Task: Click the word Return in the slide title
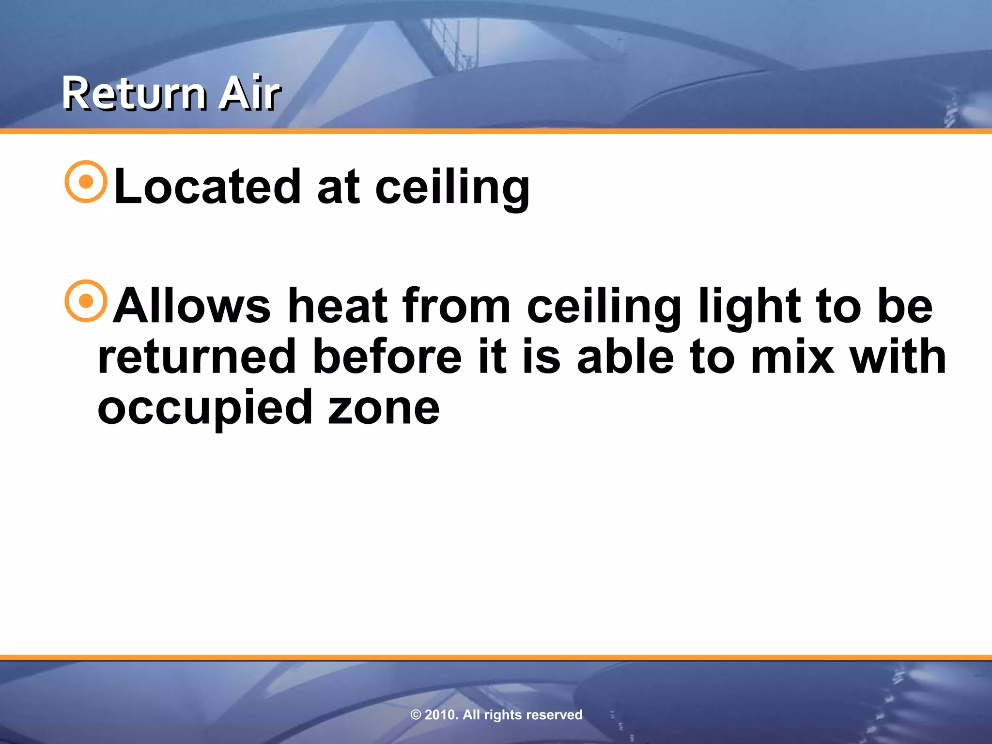(133, 94)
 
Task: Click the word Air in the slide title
(249, 94)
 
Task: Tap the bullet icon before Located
(86, 182)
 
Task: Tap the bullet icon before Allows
(86, 301)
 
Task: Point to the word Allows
(192, 306)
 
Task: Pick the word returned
(197, 357)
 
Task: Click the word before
(387, 357)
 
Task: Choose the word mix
(792, 357)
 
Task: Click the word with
(898, 357)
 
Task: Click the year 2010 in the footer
(441, 715)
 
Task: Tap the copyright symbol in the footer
(416, 715)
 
